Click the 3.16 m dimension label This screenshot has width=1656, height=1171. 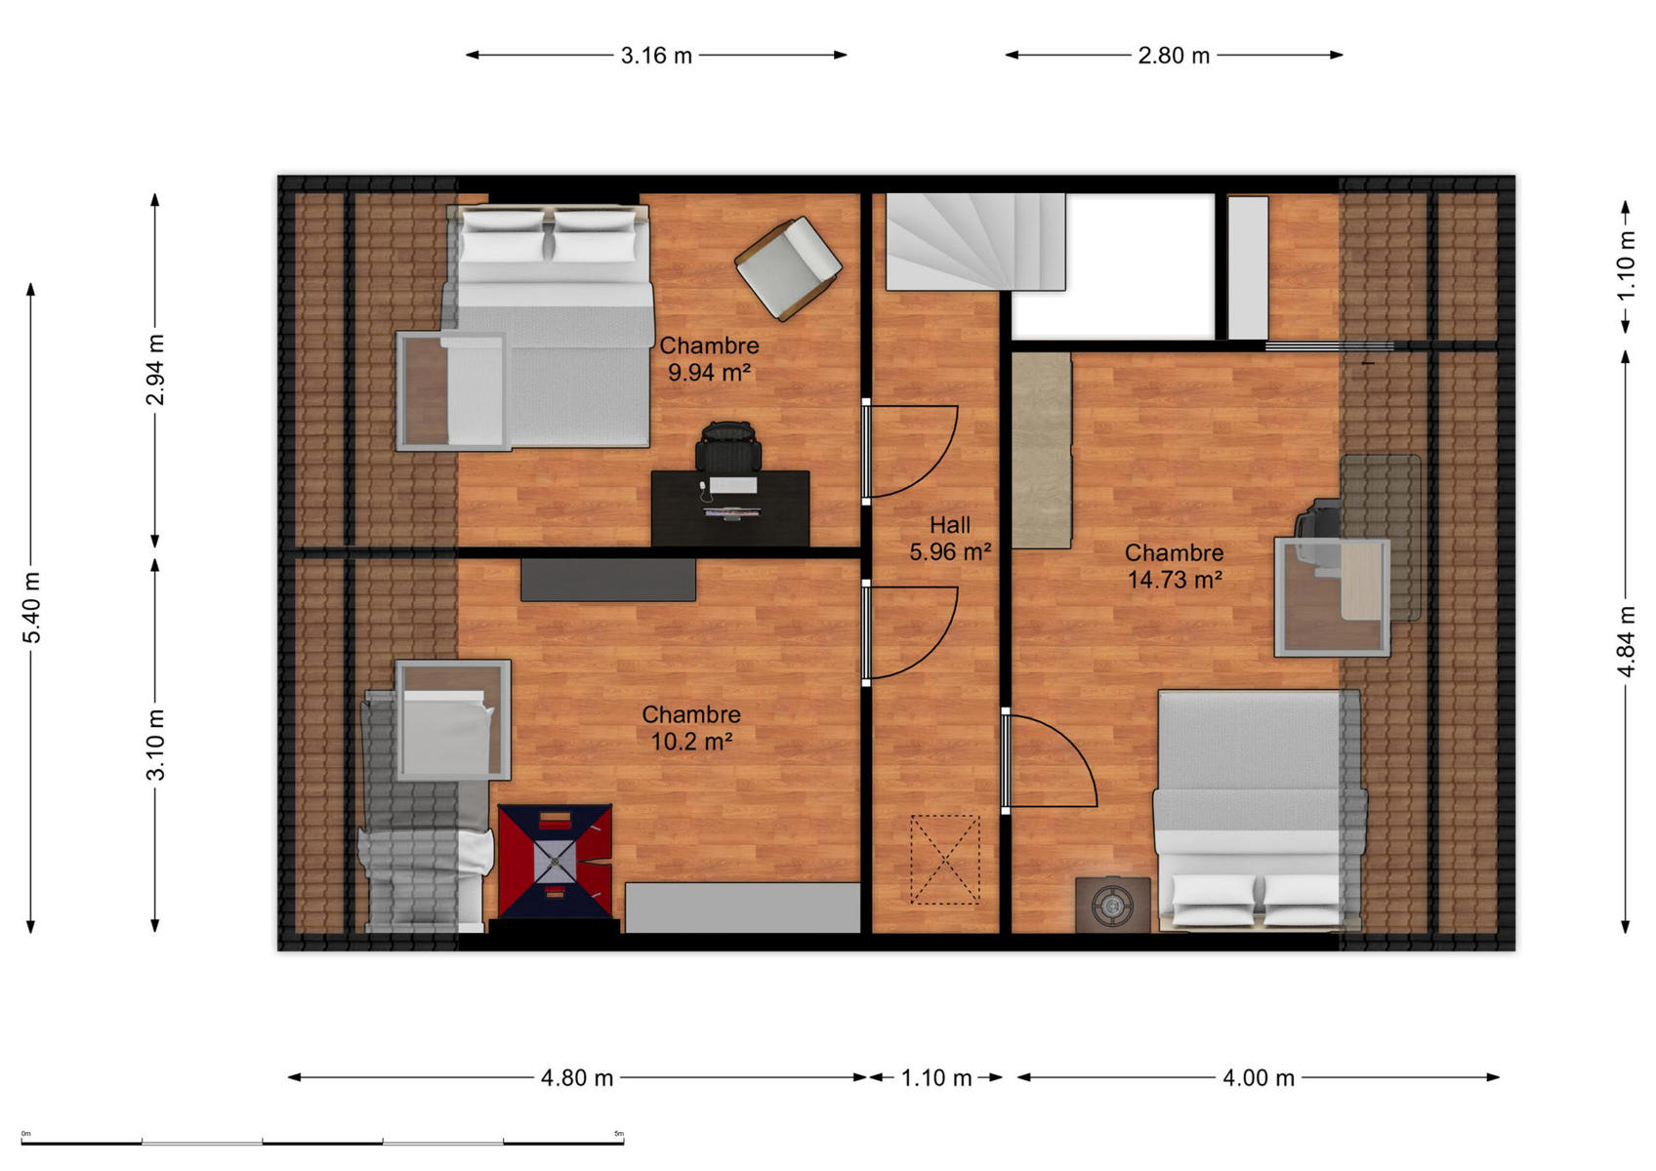(656, 56)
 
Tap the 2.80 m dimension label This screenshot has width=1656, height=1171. (1174, 56)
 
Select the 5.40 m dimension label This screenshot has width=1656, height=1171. (32, 607)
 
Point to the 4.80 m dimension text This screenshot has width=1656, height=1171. (577, 1078)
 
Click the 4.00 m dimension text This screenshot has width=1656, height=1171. (1259, 1078)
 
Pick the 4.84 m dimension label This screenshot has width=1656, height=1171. (1626, 640)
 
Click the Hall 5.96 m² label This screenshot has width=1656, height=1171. (950, 538)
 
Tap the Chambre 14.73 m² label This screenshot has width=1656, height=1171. (1174, 566)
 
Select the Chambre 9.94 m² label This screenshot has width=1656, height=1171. (709, 358)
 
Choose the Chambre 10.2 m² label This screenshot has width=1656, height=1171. (691, 728)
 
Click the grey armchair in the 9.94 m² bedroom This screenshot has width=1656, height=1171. (788, 268)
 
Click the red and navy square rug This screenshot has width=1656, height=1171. (556, 862)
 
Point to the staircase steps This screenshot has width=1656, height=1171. (975, 242)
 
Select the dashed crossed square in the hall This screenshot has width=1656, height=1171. (945, 860)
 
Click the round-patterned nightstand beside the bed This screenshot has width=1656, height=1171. (1113, 905)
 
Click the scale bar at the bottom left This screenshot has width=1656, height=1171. (322, 1143)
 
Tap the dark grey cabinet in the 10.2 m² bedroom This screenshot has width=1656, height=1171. (608, 580)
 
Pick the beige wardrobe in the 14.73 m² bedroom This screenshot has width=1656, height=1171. (1042, 451)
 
